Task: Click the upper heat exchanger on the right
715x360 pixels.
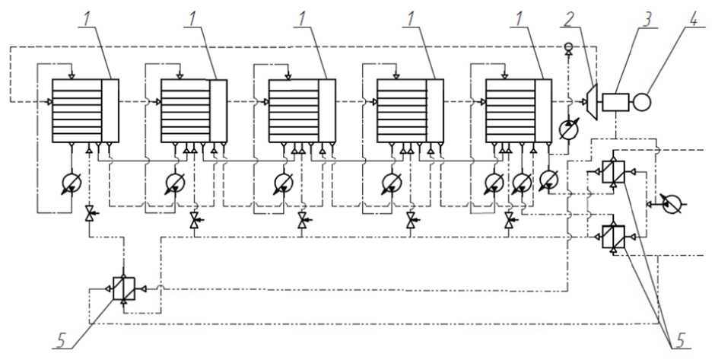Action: pyautogui.click(x=613, y=173)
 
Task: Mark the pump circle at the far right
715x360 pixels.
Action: pyautogui.click(x=670, y=204)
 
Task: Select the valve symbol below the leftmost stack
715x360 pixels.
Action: pyautogui.click(x=90, y=215)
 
